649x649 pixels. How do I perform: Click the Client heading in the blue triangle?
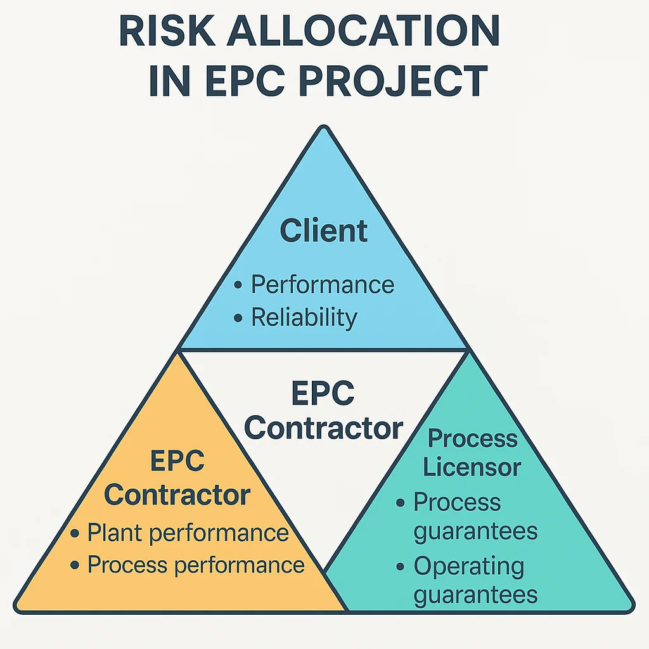tap(324, 231)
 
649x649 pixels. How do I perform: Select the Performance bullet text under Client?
tap(323, 285)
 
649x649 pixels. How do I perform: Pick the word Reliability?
tap(304, 317)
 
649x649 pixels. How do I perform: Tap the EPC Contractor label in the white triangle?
tap(323, 412)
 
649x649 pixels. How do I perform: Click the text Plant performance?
tap(188, 533)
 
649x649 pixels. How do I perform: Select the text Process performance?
tap(196, 565)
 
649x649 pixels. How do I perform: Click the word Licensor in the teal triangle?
tap(472, 468)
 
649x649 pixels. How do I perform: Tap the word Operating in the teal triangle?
tap(469, 566)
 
